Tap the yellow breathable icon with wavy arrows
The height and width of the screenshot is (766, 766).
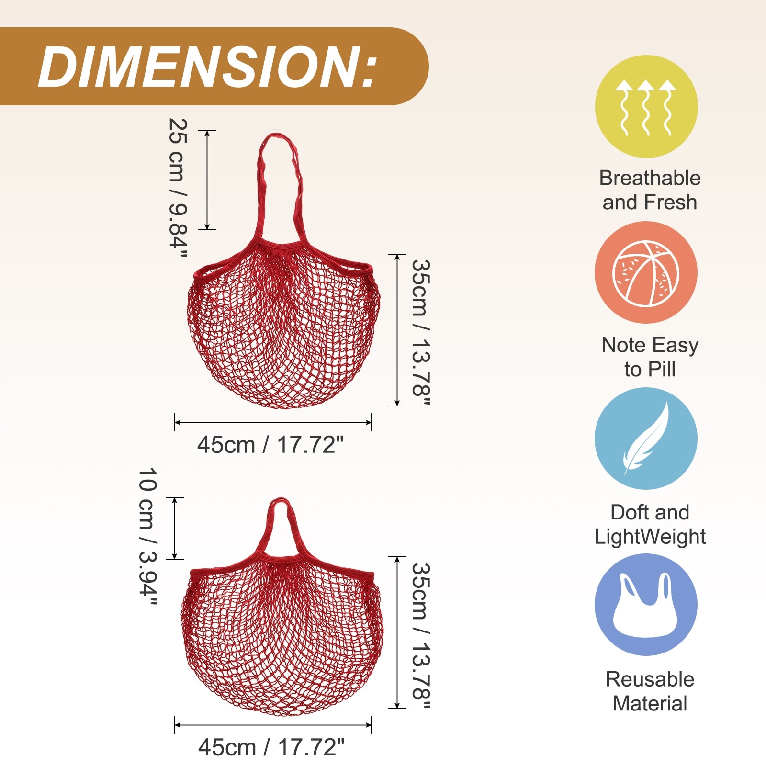646,106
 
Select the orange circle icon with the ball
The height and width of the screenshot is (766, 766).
646,272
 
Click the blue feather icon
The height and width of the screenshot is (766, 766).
646,439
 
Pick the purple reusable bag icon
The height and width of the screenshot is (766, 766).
646,605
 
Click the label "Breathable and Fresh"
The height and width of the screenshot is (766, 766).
650,190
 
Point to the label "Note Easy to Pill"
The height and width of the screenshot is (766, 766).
650,357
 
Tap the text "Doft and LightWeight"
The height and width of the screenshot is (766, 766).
650,524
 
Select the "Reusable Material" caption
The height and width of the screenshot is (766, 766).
650,691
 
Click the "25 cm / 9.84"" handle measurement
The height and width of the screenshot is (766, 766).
178,188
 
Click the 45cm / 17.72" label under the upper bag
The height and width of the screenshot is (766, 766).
270,445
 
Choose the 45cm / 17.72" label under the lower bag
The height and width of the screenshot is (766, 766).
271,747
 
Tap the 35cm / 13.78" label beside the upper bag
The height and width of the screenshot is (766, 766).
421,332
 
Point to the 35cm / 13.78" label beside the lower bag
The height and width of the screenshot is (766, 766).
421,635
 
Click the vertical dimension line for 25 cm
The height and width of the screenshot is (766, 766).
207,180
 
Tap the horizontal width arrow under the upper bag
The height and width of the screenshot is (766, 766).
273,422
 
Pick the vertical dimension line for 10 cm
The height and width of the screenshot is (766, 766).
175,528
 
